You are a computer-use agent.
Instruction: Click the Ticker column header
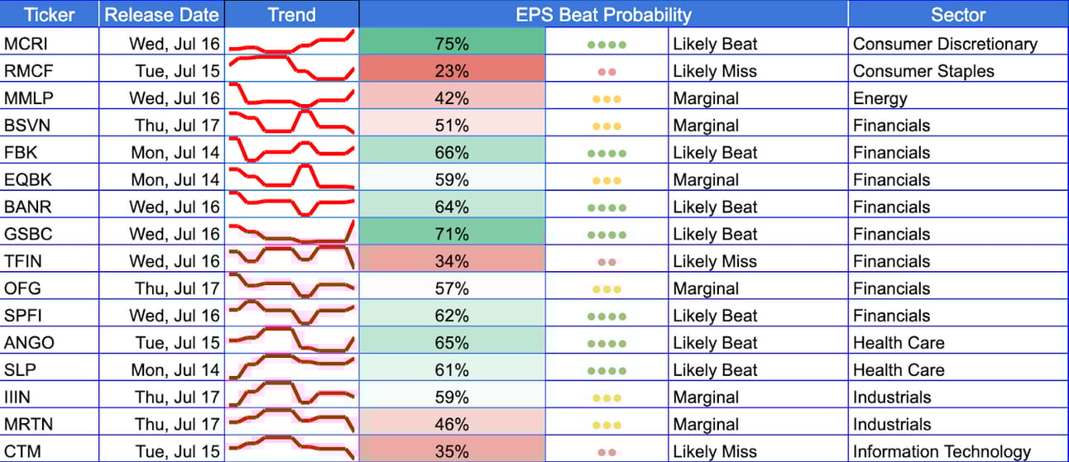click(49, 15)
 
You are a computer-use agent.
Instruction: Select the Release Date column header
click(162, 15)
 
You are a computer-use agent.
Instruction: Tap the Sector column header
click(958, 15)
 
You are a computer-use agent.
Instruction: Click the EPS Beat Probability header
click(603, 15)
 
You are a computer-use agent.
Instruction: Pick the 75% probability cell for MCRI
click(452, 44)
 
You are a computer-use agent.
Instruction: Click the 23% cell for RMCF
click(452, 71)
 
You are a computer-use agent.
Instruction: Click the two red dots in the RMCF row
click(606, 72)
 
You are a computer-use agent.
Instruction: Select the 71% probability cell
click(452, 234)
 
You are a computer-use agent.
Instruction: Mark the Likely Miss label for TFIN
click(715, 261)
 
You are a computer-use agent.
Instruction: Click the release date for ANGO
click(178, 343)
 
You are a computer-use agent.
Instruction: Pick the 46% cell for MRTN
click(452, 424)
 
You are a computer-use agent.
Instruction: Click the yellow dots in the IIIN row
click(606, 398)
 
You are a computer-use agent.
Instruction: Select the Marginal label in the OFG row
click(706, 288)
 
